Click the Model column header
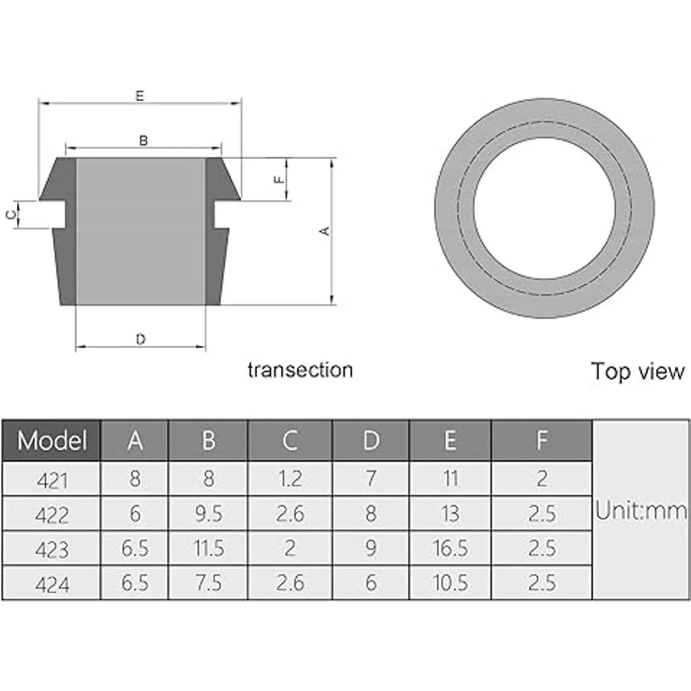click(x=51, y=441)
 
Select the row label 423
click(x=52, y=549)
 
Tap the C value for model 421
click(x=290, y=479)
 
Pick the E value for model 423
click(x=450, y=548)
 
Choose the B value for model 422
click(x=208, y=514)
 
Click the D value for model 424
click(x=371, y=583)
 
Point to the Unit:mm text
click(x=641, y=511)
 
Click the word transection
click(x=300, y=370)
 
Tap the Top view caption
click(x=638, y=371)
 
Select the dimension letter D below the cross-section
click(x=141, y=340)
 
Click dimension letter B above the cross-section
click(x=143, y=141)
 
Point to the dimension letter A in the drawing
click(x=325, y=231)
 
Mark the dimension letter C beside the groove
click(x=11, y=215)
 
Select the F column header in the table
click(x=541, y=441)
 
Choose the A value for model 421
click(x=134, y=479)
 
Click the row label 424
click(x=52, y=584)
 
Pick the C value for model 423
click(x=290, y=548)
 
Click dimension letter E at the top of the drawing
click(x=140, y=96)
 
